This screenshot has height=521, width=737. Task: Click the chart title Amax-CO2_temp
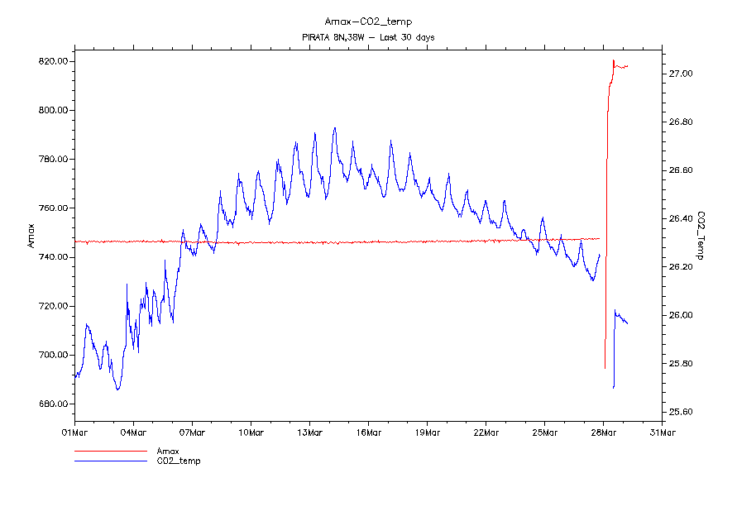[368, 22]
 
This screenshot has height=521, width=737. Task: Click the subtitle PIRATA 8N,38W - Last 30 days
[368, 37]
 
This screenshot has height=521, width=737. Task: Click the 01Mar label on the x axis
[75, 432]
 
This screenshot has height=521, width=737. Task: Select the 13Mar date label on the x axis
[309, 432]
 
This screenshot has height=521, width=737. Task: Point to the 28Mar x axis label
[603, 432]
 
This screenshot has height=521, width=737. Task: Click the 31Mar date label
[662, 432]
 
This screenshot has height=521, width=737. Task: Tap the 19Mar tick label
[427, 432]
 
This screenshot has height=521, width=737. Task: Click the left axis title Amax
[31, 237]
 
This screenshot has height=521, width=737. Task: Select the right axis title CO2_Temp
[701, 236]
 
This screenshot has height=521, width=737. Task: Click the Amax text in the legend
[168, 452]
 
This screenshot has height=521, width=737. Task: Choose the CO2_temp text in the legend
[179, 461]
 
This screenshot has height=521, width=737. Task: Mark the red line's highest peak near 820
[613, 60]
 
